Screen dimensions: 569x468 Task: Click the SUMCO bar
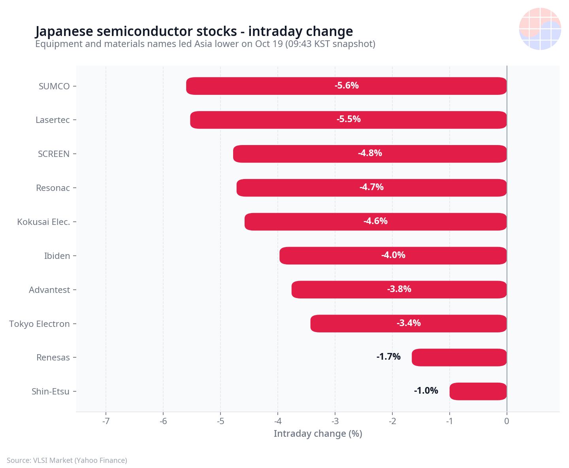point(346,86)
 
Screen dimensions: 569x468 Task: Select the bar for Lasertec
point(348,120)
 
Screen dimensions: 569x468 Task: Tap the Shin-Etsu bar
point(478,391)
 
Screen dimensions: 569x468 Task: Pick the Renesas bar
point(459,357)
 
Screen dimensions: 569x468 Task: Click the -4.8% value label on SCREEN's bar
point(370,153)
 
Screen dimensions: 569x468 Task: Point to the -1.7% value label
point(388,357)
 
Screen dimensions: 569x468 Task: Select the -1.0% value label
point(426,391)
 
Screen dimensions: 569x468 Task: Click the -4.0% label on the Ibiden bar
point(393,255)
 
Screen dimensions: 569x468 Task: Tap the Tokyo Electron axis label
point(40,324)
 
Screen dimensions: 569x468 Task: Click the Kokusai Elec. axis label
point(43,222)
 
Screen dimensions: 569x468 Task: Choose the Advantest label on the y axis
point(49,290)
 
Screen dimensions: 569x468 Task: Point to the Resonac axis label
point(53,188)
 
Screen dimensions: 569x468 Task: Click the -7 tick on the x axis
point(106,421)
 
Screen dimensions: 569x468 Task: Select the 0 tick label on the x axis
point(507,421)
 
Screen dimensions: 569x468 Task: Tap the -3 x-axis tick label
point(335,421)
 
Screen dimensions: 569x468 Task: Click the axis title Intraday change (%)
point(318,434)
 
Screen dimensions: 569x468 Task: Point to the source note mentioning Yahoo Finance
point(67,460)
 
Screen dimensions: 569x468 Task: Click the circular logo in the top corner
point(540,29)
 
